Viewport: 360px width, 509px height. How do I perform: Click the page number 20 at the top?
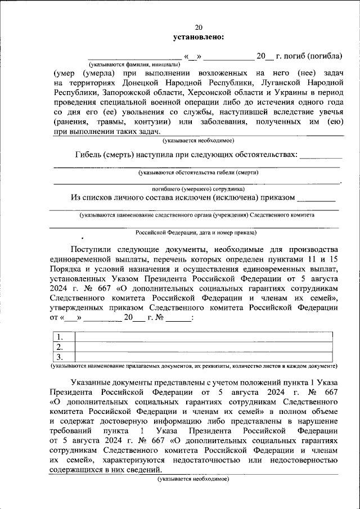click(x=199, y=28)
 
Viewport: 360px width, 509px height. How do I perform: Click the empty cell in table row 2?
click(x=202, y=346)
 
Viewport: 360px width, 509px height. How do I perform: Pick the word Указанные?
click(x=93, y=382)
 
